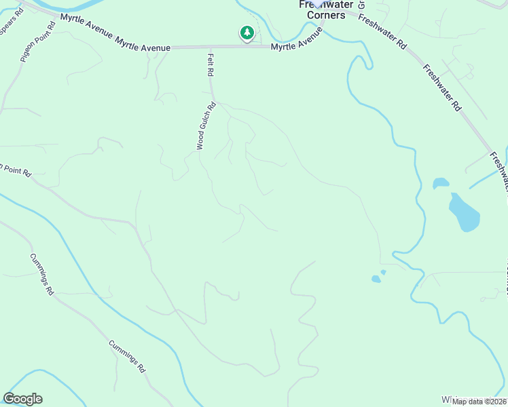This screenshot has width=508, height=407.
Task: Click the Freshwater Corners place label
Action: click(x=322, y=9)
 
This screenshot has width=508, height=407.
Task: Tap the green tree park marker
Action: click(x=247, y=33)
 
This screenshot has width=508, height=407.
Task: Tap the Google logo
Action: click(x=22, y=399)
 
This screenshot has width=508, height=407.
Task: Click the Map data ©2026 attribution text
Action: click(x=479, y=402)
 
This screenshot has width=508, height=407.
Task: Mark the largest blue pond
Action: click(x=464, y=212)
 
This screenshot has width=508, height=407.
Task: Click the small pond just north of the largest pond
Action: click(x=441, y=183)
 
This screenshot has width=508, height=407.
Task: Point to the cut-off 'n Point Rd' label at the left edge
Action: click(x=15, y=170)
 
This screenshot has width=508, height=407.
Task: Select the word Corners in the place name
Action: click(x=326, y=15)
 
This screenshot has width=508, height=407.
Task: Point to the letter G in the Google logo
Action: click(x=9, y=399)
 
